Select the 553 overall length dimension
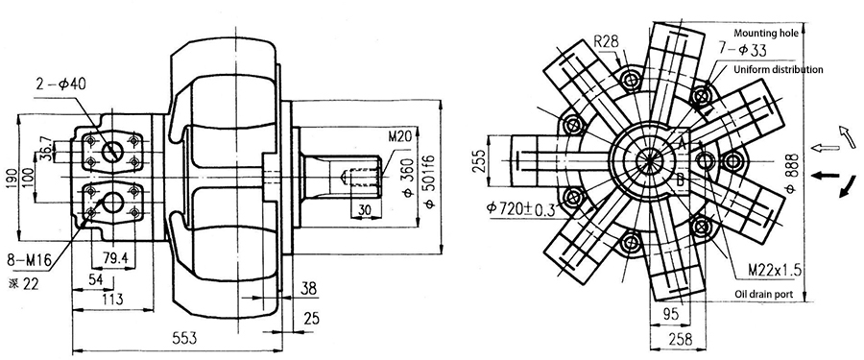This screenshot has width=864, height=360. pos(184,337)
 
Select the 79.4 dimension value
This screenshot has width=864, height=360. pos(113,257)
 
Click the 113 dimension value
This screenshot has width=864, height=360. pos(112,300)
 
